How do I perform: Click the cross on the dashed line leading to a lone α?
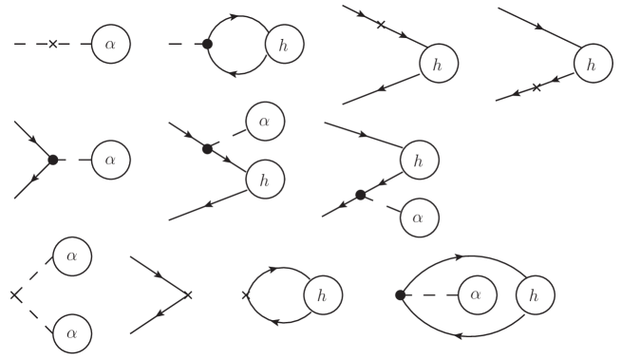53,44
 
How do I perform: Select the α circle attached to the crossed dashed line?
110,44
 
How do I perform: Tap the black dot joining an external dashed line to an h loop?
207,44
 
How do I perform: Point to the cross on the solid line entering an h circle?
381,25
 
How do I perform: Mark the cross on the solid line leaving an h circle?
536,87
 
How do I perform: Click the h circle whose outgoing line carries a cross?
592,65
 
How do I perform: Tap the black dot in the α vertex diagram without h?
53,160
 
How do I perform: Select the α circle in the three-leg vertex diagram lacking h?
110,160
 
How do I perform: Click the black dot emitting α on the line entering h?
207,148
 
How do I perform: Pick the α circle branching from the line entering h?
265,121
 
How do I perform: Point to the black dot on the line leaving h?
360,195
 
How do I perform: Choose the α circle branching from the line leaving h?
417,218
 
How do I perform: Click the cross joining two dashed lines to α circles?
15,294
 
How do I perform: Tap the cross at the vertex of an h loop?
247,294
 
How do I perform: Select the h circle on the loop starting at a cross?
323,296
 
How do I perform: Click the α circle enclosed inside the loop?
477,295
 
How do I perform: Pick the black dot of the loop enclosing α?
401,295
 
